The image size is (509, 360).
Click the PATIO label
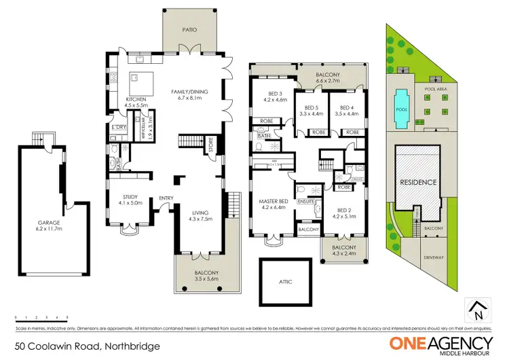pyautogui.click(x=189, y=30)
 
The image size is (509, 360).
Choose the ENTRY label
pyautogui.click(x=166, y=198)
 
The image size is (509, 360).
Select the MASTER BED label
pyautogui.click(x=274, y=201)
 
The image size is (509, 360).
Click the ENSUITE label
pyautogui.click(x=306, y=202)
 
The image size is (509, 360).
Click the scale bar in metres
pyautogui.click(x=41, y=317)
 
